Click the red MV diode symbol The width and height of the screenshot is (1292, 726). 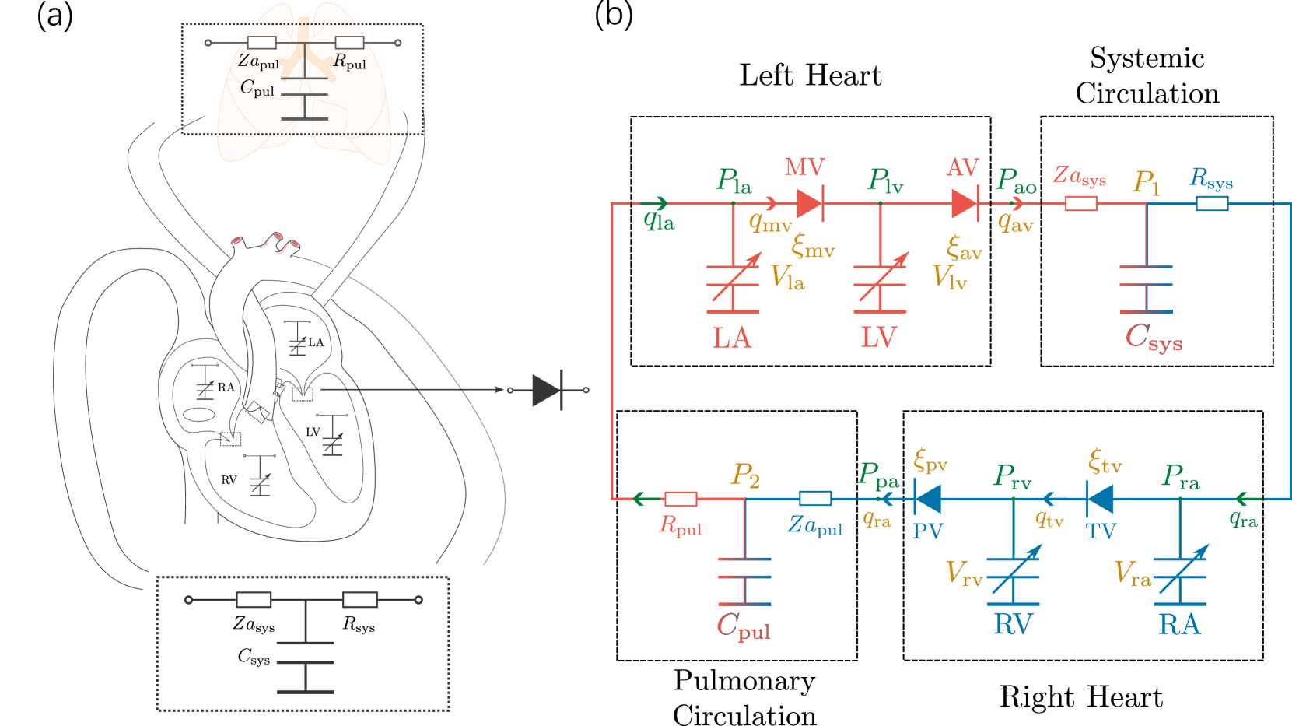coord(810,204)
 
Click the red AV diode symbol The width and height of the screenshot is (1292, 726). coord(965,204)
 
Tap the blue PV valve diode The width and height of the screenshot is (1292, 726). coord(927,497)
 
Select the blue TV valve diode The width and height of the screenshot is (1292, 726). coord(1099,497)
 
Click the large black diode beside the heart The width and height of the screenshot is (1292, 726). coord(548,390)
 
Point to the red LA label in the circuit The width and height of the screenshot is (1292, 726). coord(731,338)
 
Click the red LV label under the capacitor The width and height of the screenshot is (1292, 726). coord(879,338)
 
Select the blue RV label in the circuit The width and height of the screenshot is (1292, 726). coord(1013,625)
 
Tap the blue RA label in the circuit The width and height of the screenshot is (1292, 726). coord(1179,625)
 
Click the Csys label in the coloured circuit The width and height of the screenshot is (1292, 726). coord(1153,337)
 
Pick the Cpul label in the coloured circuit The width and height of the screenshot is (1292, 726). coord(743,626)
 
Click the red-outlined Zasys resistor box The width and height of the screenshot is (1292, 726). coord(1080,204)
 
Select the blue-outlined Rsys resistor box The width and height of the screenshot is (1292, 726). coord(1212,204)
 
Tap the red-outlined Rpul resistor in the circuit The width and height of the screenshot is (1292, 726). coord(681,499)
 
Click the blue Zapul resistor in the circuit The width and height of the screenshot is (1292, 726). coord(815,499)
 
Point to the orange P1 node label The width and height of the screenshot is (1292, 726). coord(1147,183)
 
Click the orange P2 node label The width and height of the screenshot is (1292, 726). coord(745,475)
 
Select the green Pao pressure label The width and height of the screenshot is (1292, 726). coord(1016,181)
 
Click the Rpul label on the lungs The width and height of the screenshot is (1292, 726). coord(349,61)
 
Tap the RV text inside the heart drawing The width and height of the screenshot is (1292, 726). coord(229,480)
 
